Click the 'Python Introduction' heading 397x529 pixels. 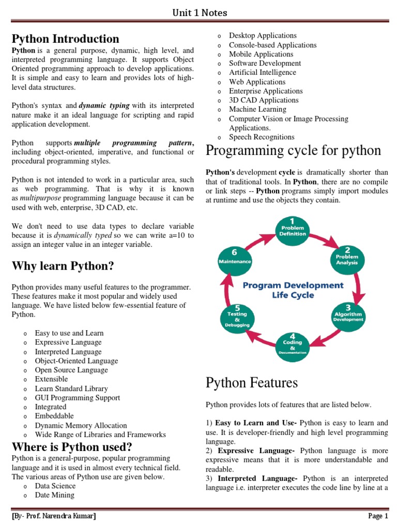click(66, 39)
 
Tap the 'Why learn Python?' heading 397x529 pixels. click(63, 266)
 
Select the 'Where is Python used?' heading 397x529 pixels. click(72, 447)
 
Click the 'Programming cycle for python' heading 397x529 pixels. click(293, 151)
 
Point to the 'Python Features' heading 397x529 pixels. click(252, 383)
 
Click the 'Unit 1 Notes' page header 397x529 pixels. click(200, 12)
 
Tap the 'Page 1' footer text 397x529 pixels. click(378, 516)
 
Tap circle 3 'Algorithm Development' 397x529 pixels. click(347, 315)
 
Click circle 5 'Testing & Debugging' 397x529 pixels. click(237, 316)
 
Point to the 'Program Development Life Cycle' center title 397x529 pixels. click(293, 290)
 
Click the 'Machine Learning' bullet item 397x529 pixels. click(257, 110)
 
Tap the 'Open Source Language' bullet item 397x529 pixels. click(71, 370)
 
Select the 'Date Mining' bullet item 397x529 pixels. click(55, 495)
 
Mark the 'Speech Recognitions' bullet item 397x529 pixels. click(262, 137)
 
